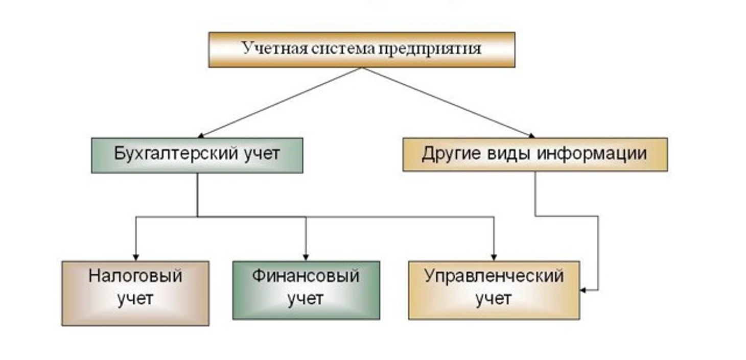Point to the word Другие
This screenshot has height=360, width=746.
point(448,154)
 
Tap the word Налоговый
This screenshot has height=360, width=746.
point(135,276)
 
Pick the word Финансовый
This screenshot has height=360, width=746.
point(306,276)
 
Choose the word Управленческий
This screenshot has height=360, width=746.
point(494,276)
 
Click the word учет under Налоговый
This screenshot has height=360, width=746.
point(135,298)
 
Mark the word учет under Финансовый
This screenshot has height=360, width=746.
point(306,298)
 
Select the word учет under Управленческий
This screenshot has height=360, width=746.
point(494,298)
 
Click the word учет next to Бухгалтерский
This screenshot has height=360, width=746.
point(260,154)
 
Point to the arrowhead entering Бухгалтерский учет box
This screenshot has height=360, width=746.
point(201,136)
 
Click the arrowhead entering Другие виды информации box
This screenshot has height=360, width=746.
point(531,135)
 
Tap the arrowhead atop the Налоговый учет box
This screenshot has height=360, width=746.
point(136,257)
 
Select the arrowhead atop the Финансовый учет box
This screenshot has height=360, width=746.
point(306,257)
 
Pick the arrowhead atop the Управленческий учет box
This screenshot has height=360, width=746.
point(494,257)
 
